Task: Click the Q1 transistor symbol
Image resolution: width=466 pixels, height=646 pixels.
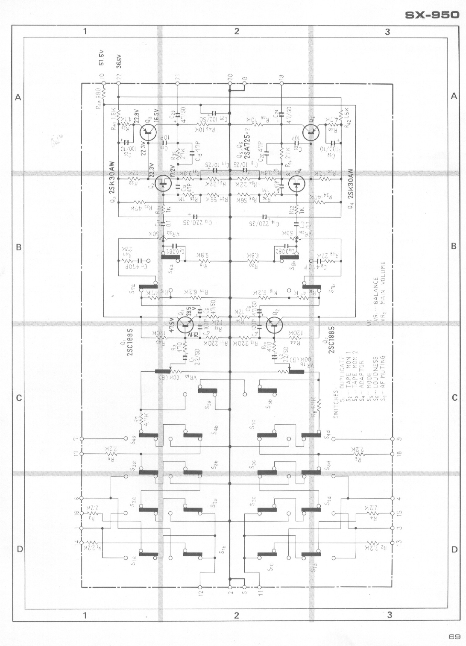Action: coord(184,326)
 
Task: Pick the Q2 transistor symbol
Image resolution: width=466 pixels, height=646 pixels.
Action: coord(274,326)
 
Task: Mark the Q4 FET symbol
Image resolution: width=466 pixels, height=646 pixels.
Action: coord(296,185)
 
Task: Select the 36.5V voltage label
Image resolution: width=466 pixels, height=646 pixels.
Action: coord(119,61)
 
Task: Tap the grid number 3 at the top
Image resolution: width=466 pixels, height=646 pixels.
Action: coord(387,31)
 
